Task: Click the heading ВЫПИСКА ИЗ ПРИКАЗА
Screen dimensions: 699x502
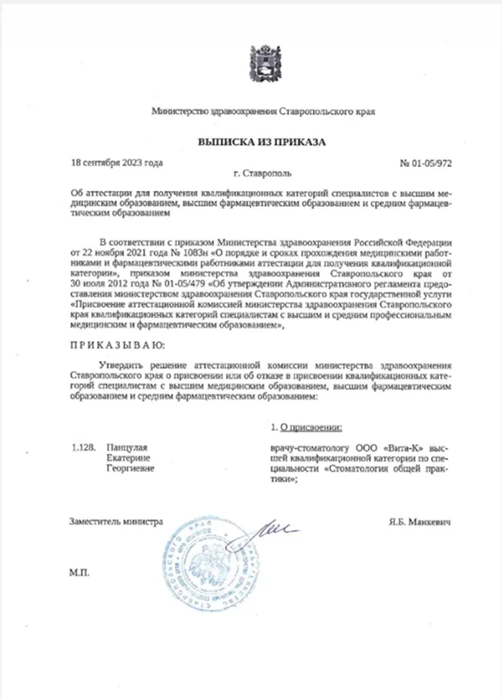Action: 251,142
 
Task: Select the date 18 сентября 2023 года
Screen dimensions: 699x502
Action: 116,163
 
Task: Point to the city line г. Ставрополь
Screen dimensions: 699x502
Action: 263,175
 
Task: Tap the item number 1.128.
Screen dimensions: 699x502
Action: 82,446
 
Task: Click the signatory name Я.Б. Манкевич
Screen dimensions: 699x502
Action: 420,522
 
